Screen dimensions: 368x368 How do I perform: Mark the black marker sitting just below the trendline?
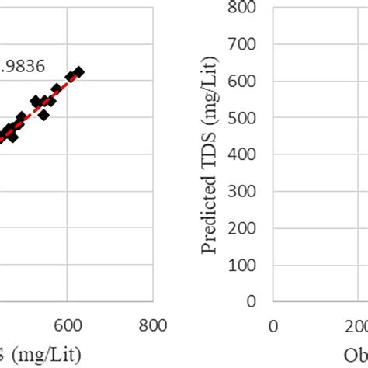click(x=44, y=114)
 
